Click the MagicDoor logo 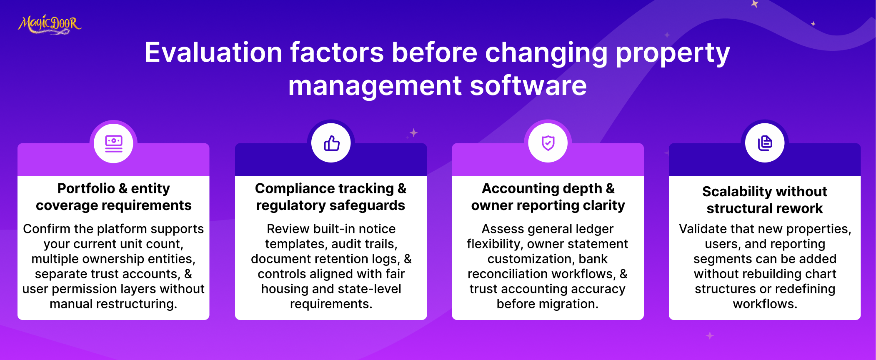pyautogui.click(x=50, y=24)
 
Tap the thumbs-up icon pyautogui.click(x=332, y=143)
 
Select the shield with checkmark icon pyautogui.click(x=548, y=143)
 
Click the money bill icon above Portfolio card pyautogui.click(x=114, y=144)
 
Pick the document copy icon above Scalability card pyautogui.click(x=765, y=143)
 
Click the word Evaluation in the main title pyautogui.click(x=213, y=52)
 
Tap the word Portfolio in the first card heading pyautogui.click(x=86, y=188)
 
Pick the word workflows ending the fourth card pyautogui.click(x=765, y=304)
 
